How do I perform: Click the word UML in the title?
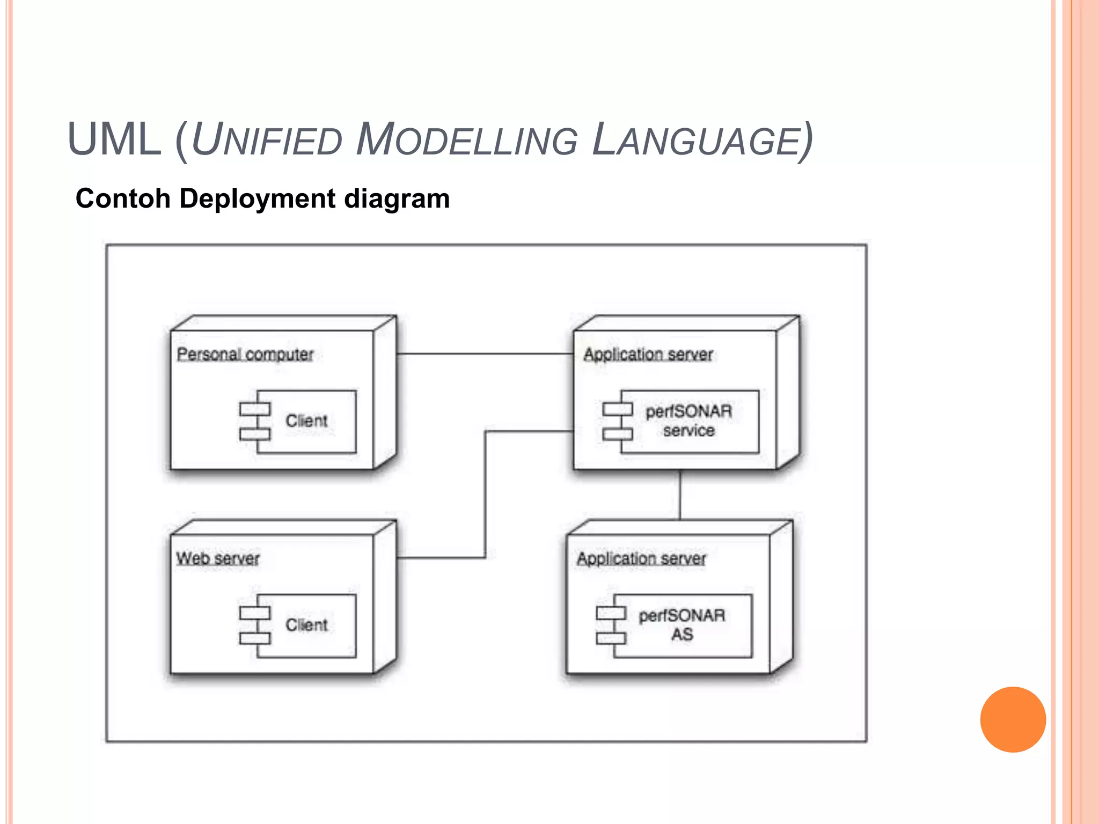click(x=114, y=139)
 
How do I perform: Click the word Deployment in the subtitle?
click(x=258, y=198)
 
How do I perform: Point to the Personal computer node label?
click(x=245, y=354)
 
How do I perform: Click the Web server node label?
click(x=218, y=558)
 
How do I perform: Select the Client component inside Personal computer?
click(x=306, y=421)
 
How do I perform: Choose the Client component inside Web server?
click(x=306, y=626)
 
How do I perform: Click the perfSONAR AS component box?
click(x=682, y=625)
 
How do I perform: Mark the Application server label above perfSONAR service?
click(x=648, y=354)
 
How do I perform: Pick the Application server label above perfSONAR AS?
click(x=641, y=558)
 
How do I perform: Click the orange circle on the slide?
click(x=1013, y=719)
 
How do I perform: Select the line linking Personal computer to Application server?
click(x=485, y=354)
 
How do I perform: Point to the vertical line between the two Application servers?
click(x=680, y=495)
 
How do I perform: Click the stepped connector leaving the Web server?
click(x=486, y=494)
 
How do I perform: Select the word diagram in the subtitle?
click(x=397, y=198)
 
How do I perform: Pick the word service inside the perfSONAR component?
click(x=689, y=431)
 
